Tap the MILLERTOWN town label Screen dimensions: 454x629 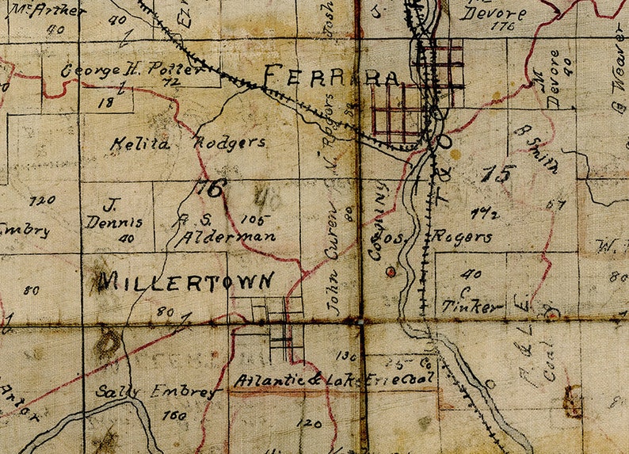coord(187,281)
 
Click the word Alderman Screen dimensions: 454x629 coord(227,236)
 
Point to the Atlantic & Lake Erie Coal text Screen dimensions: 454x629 coord(335,381)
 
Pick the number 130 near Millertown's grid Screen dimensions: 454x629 coord(346,356)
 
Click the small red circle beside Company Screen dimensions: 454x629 coord(389,272)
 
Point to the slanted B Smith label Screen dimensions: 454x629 coord(536,148)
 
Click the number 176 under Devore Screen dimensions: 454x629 coord(501,27)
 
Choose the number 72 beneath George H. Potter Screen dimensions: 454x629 coord(167,82)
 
